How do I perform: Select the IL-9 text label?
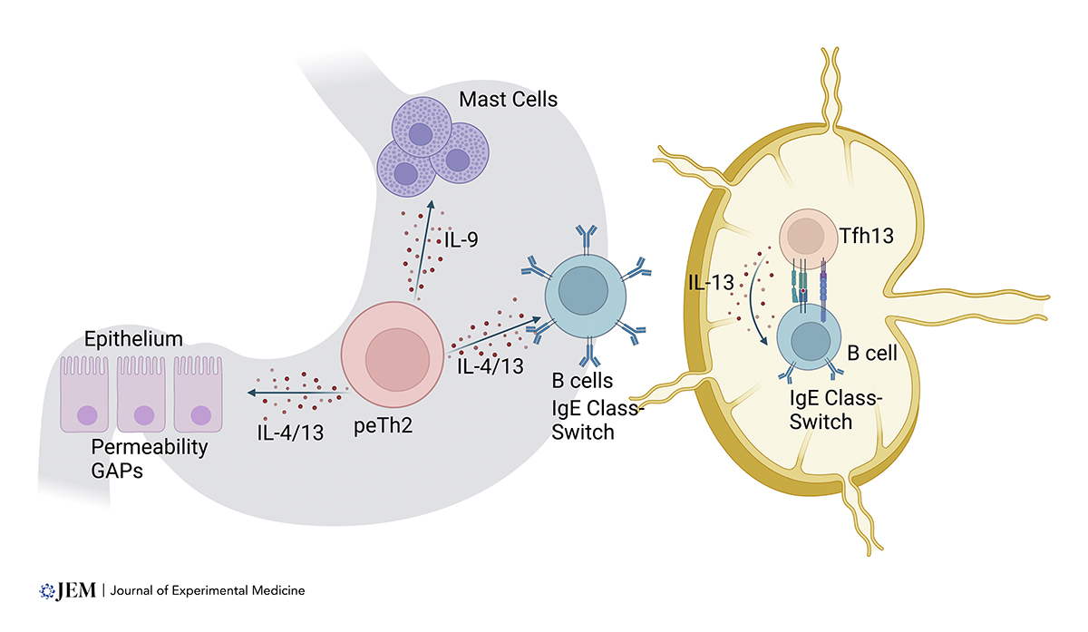[x=462, y=241]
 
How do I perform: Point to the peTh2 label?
[x=384, y=426]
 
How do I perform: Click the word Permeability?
[x=149, y=448]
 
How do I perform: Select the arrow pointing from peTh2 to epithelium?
[x=296, y=392]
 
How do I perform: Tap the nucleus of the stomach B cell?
[x=579, y=290]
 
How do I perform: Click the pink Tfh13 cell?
[x=801, y=237]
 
